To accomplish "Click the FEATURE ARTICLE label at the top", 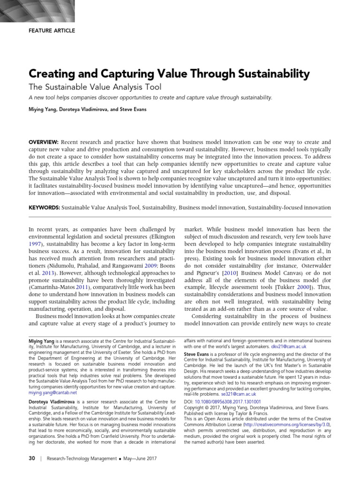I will point(52,30).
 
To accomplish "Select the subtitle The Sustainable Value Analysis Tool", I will point(95,87).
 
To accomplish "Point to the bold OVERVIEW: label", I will point(44,142).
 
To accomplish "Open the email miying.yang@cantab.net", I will point(53,393).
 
